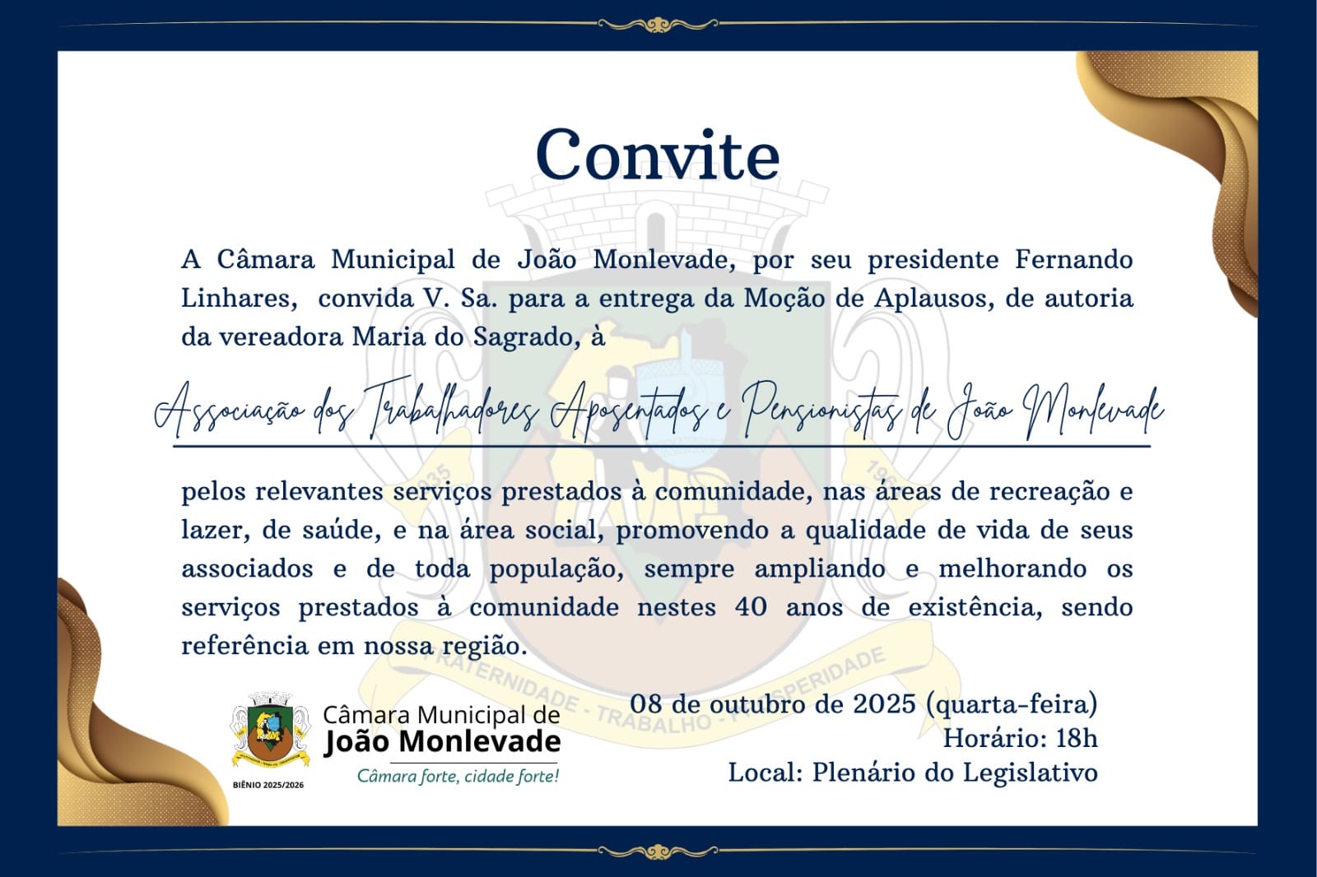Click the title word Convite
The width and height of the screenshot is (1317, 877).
[657, 155]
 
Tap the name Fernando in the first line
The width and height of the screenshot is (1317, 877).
[1073, 260]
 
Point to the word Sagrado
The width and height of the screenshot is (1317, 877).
[522, 337]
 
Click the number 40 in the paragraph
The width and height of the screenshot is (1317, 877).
[751, 608]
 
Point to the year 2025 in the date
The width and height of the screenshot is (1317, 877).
[884, 704]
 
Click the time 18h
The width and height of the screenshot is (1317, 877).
[1076, 739]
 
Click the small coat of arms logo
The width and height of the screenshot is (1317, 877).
[268, 729]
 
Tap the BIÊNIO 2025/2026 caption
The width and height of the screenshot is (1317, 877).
[268, 785]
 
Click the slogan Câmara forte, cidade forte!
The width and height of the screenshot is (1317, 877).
[458, 777]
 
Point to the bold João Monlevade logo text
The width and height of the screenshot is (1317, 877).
[442, 742]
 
